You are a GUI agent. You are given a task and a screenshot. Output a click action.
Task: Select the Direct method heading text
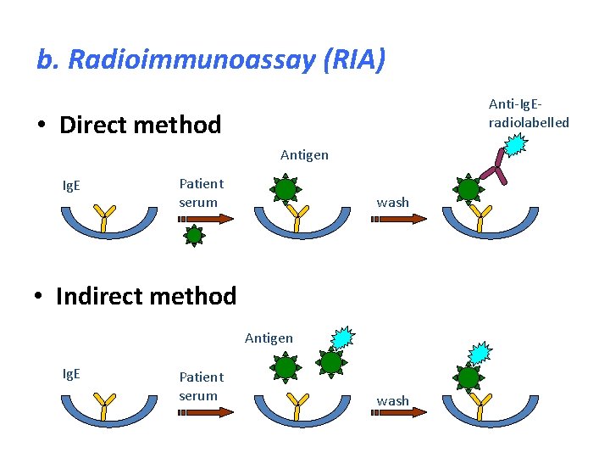pos(140,126)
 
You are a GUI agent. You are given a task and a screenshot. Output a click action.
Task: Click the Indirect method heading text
pos(146,296)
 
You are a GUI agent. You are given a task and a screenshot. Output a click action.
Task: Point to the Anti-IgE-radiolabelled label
pos(529,113)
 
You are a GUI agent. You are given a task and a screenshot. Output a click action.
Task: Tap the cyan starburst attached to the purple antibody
pos(515,143)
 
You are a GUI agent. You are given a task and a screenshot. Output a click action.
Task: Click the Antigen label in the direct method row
pos(304,155)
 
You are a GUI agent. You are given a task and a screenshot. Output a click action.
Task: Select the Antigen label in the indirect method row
pos(269,338)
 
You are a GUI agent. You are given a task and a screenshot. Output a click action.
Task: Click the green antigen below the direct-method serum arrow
pos(195,235)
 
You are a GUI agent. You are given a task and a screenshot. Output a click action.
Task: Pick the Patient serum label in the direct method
pos(201,193)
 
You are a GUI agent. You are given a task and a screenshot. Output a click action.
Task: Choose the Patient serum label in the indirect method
pos(201,386)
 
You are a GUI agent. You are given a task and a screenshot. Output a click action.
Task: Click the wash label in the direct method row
pos(392,203)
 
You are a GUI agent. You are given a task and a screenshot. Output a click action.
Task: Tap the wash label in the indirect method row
pos(392,400)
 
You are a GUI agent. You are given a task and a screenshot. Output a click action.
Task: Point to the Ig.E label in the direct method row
pos(72,186)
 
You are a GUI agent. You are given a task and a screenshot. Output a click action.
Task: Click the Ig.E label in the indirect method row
pos(72,374)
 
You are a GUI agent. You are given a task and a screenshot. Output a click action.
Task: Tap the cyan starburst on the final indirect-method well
pos(480,352)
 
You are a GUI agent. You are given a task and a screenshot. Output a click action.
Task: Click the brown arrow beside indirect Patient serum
pos(206,414)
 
